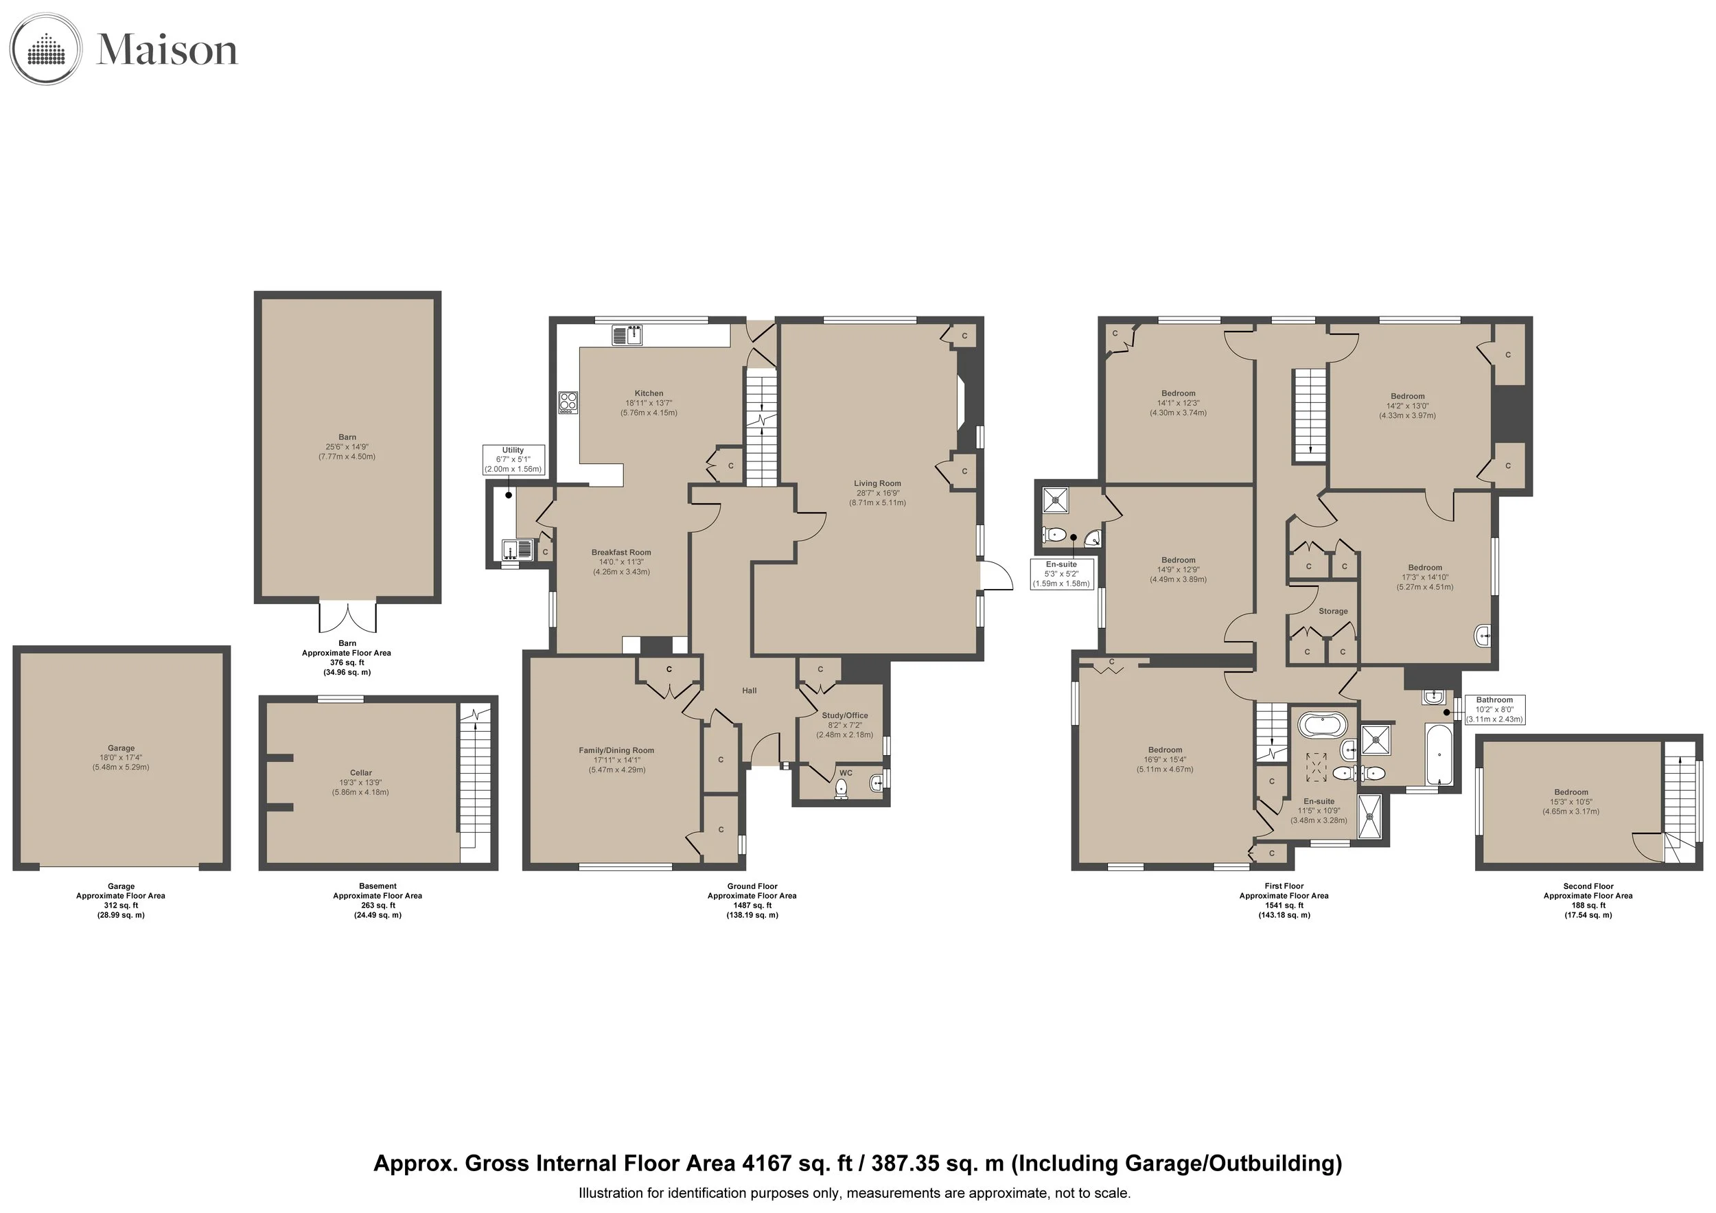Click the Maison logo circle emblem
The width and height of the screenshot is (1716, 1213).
point(45,49)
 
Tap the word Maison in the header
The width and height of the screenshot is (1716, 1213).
point(167,50)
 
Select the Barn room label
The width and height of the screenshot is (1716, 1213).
point(347,437)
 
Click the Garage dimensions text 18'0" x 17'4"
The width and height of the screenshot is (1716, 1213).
point(121,757)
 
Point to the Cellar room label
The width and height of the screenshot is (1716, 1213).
point(361,773)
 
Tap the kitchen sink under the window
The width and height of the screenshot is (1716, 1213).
point(627,335)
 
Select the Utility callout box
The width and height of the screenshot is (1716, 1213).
point(513,460)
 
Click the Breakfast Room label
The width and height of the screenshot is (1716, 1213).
point(621,553)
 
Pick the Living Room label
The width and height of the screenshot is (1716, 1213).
point(877,483)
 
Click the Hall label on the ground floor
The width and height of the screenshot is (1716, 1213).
point(750,691)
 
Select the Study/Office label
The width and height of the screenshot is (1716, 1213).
point(844,715)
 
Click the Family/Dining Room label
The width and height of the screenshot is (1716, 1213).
point(616,750)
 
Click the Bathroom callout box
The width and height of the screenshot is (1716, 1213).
point(1494,709)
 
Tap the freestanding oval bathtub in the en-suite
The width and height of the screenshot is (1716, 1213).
point(1323,724)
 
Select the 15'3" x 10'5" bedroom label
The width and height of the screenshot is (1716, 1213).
point(1571,802)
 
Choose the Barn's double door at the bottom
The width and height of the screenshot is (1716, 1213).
point(347,617)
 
